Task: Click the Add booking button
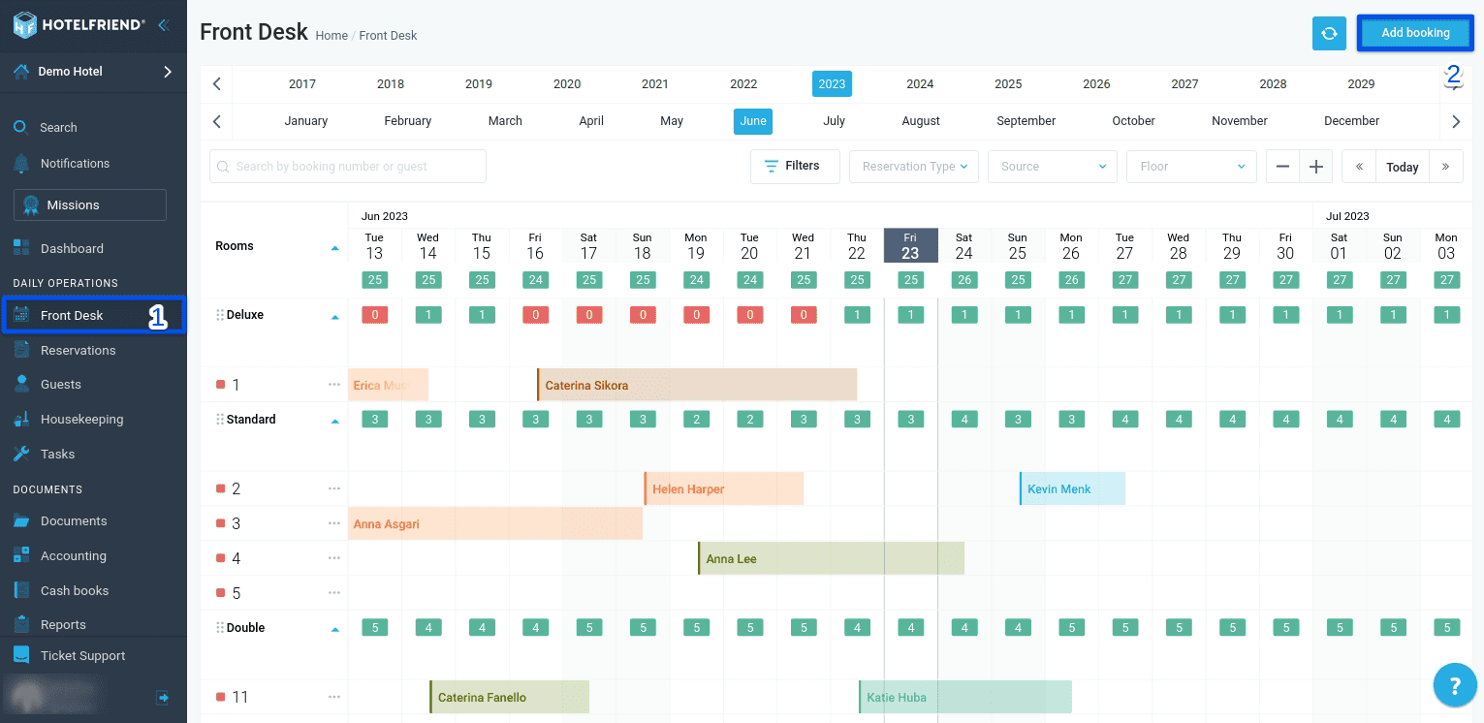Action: pos(1414,33)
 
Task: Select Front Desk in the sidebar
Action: pos(72,316)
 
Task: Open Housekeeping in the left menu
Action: pos(81,420)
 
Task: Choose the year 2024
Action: pos(919,84)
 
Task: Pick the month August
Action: pos(920,121)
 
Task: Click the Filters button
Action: pos(791,166)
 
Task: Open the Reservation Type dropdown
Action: pos(914,167)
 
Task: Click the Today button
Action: pos(1402,167)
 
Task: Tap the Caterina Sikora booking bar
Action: pos(696,385)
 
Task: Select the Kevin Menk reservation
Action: pos(1071,489)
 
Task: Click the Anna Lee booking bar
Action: pos(830,559)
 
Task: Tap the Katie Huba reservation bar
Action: pos(964,697)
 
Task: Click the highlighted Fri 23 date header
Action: pos(909,246)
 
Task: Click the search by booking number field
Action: pos(348,167)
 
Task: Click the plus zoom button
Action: pos(1315,167)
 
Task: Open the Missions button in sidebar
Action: pos(90,205)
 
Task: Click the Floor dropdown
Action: pos(1191,167)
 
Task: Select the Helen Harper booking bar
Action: pos(723,489)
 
